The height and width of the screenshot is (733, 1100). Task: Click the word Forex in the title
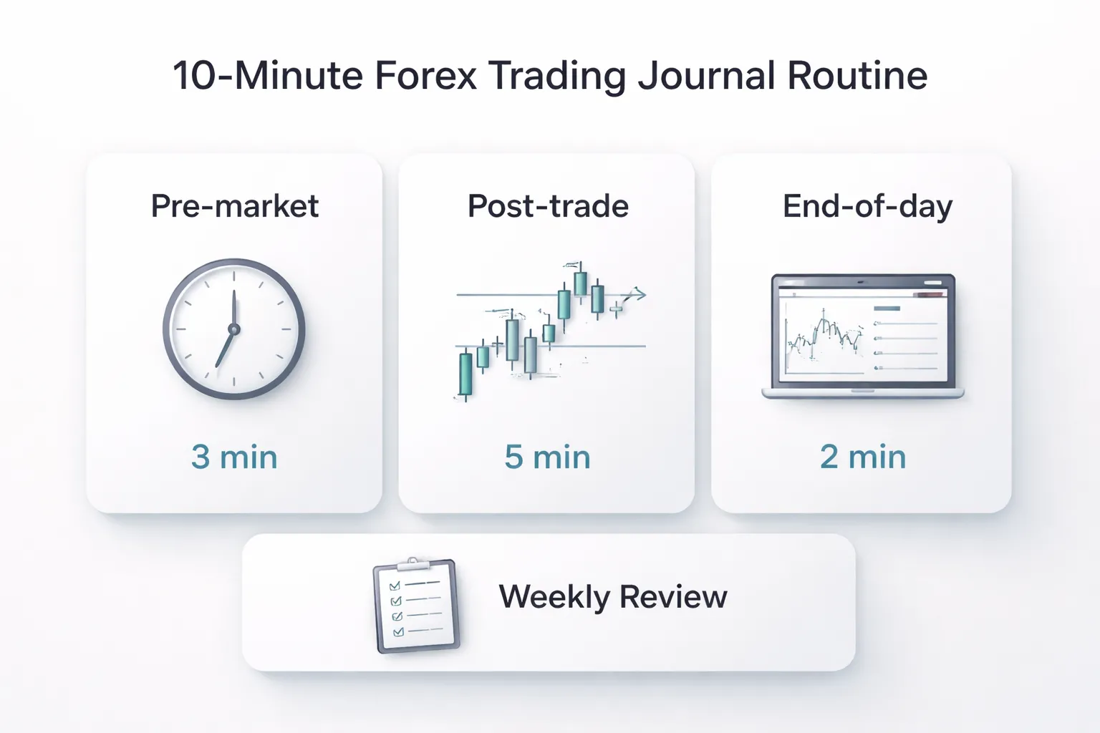[x=425, y=75]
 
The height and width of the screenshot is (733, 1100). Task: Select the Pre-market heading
[x=234, y=206]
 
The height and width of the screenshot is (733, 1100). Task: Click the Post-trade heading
[x=548, y=206]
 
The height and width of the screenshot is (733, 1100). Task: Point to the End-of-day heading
[x=867, y=206]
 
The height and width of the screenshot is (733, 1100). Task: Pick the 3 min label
[x=234, y=457]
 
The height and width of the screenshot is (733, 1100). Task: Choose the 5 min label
[x=547, y=457]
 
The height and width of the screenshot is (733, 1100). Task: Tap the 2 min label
[x=862, y=457]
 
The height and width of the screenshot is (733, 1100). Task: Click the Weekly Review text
[x=612, y=596]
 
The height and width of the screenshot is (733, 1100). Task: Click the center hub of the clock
[x=233, y=329]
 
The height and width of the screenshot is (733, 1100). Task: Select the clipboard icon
[x=416, y=606]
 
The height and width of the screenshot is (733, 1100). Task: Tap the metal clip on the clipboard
[x=413, y=565]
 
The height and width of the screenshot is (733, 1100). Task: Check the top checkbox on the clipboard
[x=394, y=586]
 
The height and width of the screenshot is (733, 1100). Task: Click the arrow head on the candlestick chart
[x=640, y=293]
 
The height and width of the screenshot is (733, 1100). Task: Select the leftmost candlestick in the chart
[x=465, y=374]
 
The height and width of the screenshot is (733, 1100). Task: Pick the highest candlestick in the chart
[x=581, y=283]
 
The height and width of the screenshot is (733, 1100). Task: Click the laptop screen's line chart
[x=824, y=336]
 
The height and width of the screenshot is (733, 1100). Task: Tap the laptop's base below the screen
[x=862, y=392]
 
